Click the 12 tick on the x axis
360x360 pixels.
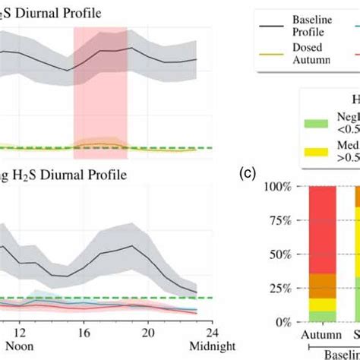(21, 331)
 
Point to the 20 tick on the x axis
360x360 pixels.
(149, 331)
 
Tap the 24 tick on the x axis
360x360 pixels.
(213, 331)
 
